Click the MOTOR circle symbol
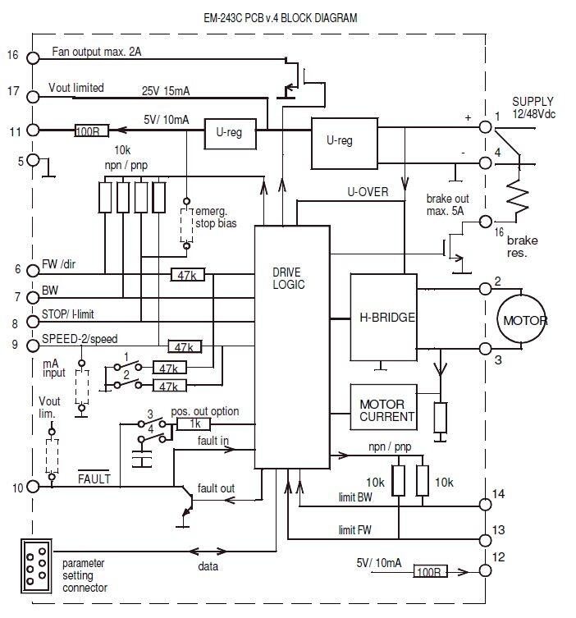click(525, 320)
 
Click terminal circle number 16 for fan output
click(33, 57)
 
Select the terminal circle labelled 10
click(33, 486)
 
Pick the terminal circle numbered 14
click(484, 494)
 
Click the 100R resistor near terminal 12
click(429, 571)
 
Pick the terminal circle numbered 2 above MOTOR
click(484, 288)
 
